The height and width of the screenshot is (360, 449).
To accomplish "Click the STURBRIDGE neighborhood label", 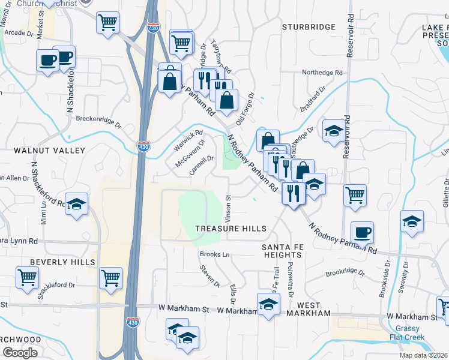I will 310,27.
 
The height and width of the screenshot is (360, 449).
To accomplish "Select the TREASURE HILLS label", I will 231,229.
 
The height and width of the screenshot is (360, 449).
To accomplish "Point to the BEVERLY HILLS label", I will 63,262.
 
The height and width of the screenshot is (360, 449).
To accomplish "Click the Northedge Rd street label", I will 322,73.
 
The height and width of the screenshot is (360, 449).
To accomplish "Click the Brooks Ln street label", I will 214,254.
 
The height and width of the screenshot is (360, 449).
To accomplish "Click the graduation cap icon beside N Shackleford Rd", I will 76,203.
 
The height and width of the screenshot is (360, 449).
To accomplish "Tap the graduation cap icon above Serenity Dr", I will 412,221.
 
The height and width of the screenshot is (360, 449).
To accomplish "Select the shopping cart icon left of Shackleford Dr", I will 28,278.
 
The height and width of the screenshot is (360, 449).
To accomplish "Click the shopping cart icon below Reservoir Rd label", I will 355,194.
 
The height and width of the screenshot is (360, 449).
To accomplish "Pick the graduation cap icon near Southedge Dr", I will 333,131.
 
